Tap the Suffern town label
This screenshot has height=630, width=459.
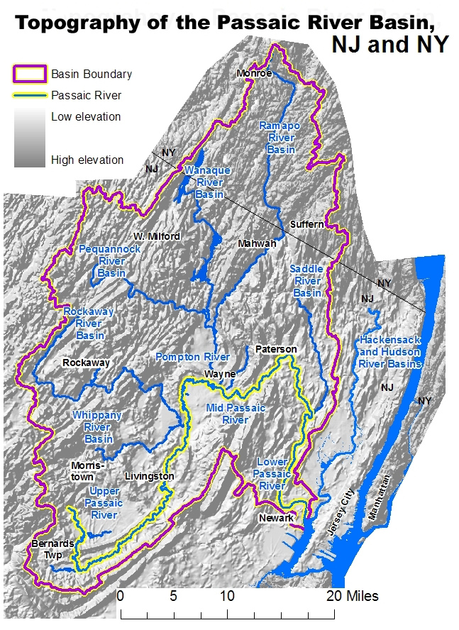click(x=307, y=224)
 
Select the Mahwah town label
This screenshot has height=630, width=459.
click(x=257, y=243)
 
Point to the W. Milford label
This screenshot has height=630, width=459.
click(x=157, y=236)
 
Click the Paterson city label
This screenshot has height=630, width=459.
click(x=276, y=350)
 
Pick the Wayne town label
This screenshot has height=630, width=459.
click(x=220, y=374)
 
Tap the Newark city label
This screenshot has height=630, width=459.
click(x=277, y=518)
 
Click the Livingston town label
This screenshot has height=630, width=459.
click(x=149, y=476)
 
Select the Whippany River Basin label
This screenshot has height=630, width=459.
click(x=97, y=427)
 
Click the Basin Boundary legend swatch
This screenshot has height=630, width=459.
click(x=29, y=74)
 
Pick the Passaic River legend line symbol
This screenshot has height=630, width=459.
click(x=29, y=96)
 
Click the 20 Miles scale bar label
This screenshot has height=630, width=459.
click(x=352, y=596)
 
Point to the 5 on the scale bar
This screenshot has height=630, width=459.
click(x=173, y=596)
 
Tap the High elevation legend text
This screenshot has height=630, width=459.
click(x=87, y=160)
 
